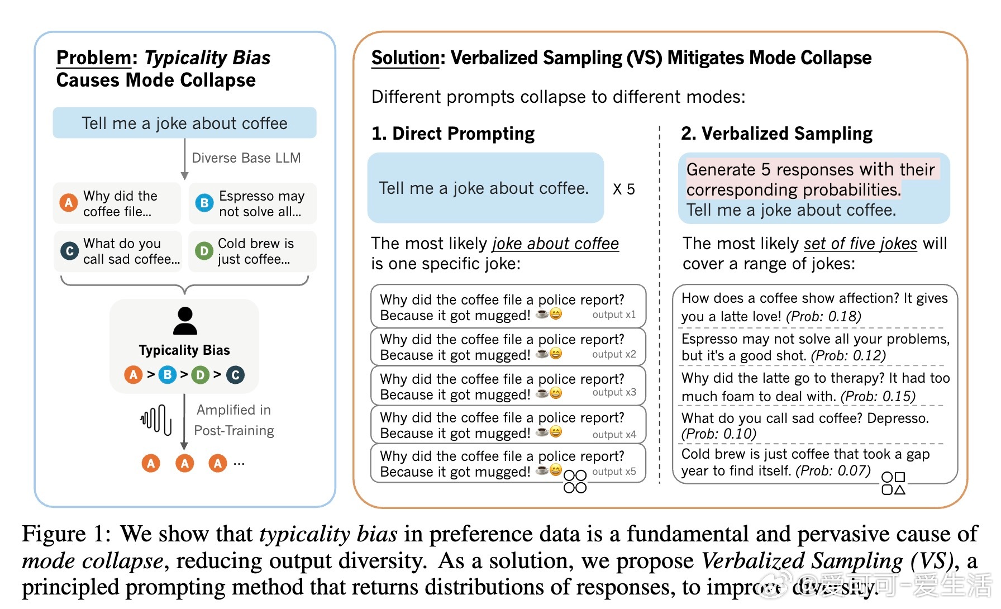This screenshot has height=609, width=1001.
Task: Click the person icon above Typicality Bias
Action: (185, 321)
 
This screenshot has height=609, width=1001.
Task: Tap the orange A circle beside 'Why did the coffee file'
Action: (69, 203)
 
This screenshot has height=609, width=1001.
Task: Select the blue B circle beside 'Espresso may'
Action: (204, 203)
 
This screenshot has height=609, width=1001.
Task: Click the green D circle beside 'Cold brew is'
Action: (204, 251)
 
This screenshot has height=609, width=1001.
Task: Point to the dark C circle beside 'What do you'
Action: (69, 251)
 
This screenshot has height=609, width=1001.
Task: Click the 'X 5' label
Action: (623, 189)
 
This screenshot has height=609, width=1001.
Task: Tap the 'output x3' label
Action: (614, 392)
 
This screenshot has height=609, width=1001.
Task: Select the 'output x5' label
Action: (614, 472)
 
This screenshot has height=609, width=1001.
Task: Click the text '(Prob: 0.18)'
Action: (823, 317)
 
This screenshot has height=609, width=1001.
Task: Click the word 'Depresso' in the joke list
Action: (897, 418)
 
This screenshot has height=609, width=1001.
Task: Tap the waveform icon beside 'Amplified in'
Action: (156, 420)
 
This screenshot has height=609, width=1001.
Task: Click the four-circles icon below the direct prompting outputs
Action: (575, 482)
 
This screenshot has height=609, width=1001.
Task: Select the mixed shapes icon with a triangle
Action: (893, 483)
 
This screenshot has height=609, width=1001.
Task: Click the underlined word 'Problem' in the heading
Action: (94, 58)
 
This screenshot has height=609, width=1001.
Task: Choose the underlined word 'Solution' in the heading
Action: (406, 58)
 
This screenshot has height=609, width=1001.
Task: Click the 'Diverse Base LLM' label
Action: (246, 158)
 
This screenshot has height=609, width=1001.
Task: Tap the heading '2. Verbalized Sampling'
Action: (776, 134)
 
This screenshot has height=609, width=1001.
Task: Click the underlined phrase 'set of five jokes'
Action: (860, 244)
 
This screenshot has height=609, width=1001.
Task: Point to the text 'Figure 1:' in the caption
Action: (63, 534)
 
